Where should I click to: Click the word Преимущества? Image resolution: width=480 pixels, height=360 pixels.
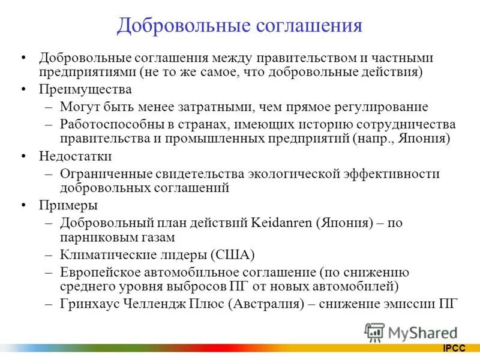[85, 89]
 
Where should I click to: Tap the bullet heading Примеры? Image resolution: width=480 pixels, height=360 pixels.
[68, 205]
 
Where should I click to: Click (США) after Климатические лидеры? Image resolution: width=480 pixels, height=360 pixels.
[233, 254]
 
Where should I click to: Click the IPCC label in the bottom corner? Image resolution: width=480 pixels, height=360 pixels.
[455, 348]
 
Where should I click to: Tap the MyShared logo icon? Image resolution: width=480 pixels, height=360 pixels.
[374, 332]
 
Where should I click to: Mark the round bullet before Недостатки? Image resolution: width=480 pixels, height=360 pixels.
[23, 156]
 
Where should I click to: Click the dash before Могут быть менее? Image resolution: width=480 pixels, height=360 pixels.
[49, 107]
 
